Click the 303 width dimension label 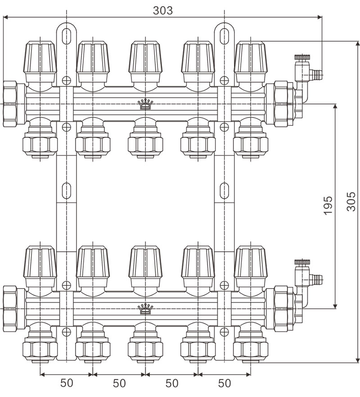162,10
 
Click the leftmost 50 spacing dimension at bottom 67,383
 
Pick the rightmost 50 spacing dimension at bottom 224,383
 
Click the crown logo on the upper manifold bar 145,105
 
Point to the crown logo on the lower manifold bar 145,309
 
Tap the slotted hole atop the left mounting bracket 67,36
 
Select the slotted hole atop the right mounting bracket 223,36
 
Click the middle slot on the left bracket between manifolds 67,191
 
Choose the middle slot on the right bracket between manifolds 223,191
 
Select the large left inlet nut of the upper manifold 10,104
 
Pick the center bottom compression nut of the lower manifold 145,349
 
